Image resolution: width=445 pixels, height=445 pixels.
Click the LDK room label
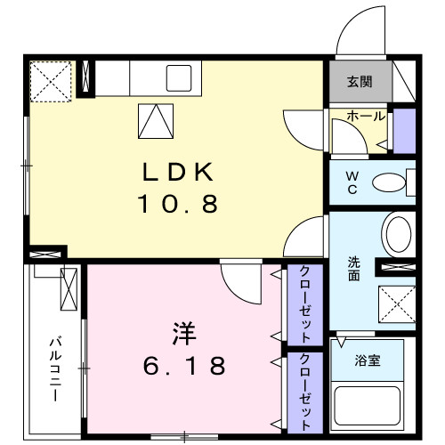point(176,170)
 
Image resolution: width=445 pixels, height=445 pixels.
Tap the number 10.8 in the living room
point(176,205)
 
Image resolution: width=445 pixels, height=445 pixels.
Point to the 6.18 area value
point(185,365)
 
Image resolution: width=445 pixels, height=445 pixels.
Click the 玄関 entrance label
point(359,83)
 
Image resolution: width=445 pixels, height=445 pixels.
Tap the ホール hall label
point(365,117)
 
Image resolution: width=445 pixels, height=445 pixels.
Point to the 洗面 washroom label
point(353,268)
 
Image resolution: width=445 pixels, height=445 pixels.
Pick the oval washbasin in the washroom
point(397,234)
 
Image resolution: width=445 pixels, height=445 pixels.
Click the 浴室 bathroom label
point(367,363)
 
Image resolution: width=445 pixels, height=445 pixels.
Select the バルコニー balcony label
point(53,368)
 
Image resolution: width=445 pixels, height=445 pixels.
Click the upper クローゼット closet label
point(304,305)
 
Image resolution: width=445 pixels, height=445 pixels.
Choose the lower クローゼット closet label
point(304,391)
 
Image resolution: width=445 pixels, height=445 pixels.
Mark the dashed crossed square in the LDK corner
point(51,79)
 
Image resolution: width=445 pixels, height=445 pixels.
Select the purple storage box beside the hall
point(404,128)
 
